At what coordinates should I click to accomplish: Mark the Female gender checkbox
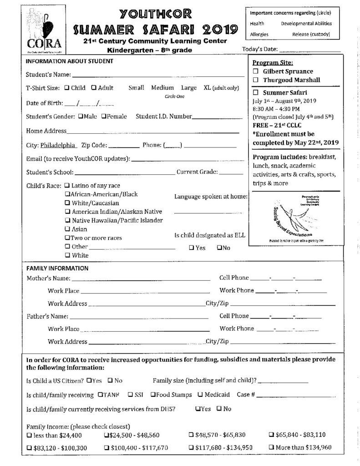click(104, 116)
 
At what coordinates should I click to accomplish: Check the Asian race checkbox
click(67, 229)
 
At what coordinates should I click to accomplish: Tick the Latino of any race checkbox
click(67, 186)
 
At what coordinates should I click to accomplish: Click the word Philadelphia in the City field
click(59, 146)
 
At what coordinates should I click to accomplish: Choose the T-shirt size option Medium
click(162, 88)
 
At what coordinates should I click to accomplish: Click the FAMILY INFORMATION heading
click(57, 268)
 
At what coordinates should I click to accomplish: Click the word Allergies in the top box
click(259, 34)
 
